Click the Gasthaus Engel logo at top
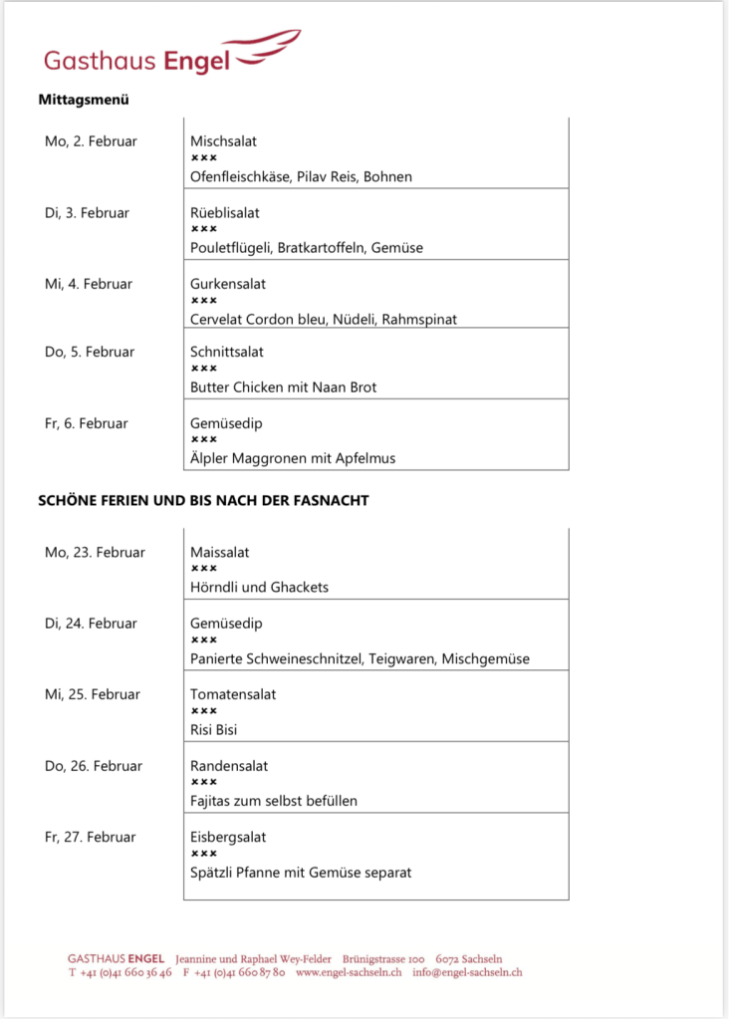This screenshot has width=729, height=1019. point(169,54)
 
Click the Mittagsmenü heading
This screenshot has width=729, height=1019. point(84,100)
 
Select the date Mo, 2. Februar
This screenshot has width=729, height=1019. point(91,141)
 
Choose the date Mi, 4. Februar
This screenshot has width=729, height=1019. point(89,284)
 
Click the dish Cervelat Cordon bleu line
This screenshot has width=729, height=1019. point(324,319)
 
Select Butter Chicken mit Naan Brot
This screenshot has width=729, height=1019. point(284,386)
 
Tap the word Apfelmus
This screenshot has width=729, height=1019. point(364,458)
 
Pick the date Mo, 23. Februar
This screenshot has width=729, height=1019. point(95,552)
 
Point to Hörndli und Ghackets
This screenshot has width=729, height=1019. point(259,587)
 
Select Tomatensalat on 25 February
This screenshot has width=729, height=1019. point(233,694)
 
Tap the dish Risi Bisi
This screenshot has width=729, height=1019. point(214,729)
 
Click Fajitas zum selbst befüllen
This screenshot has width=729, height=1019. point(273,801)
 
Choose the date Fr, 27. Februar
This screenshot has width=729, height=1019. point(91,837)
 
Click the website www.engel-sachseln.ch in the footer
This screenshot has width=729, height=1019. point(349,972)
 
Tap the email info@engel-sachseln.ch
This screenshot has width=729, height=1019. point(467,972)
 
